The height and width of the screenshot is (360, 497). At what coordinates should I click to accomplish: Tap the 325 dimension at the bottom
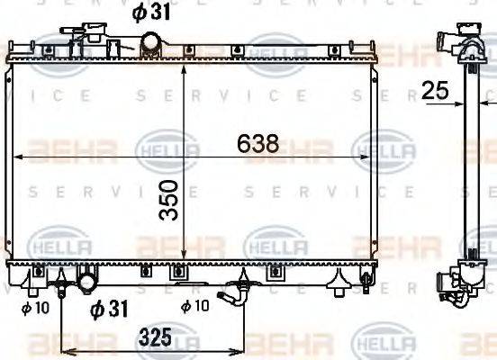156,341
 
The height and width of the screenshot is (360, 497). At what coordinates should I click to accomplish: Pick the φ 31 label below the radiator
110,310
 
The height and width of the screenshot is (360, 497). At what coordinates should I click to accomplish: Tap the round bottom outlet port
87,282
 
